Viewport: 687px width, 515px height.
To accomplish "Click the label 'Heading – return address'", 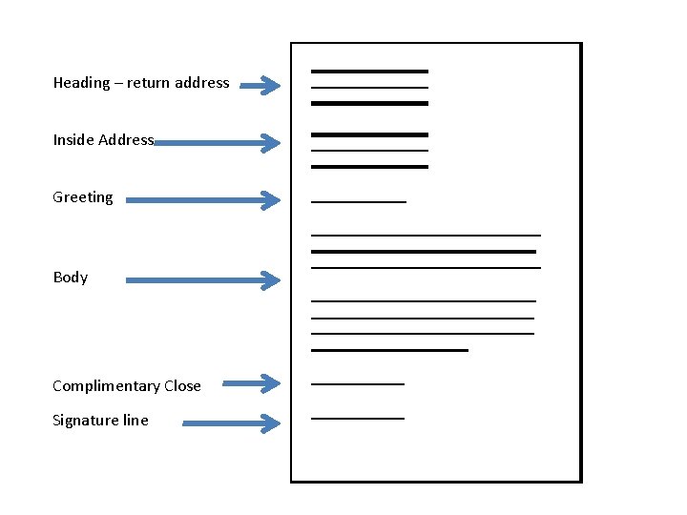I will coord(141,83).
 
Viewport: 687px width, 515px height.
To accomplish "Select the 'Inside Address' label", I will coord(103,140).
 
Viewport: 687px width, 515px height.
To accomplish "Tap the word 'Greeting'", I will coord(83,197).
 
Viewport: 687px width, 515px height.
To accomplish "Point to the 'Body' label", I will coord(71,278).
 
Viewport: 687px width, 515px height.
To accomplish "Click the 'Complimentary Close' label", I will coord(127,386).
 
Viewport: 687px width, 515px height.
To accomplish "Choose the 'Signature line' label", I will coord(100,421).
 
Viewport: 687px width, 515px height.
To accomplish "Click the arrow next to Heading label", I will coord(260,87).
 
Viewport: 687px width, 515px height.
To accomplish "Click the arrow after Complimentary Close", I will coord(252,383).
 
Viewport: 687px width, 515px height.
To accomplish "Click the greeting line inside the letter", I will coord(359,202).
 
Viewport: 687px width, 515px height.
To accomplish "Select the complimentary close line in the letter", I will coord(358,384).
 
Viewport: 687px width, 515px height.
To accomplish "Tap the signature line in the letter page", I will coord(358,419).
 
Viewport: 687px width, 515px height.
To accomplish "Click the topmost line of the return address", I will coord(369,72).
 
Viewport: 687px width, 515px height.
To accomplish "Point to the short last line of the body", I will coord(389,351).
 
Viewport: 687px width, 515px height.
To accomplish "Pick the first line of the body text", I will coord(426,235).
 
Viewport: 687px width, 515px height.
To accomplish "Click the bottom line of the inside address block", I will coord(369,167).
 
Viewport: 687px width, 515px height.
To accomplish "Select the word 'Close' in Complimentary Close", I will coord(182,386).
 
